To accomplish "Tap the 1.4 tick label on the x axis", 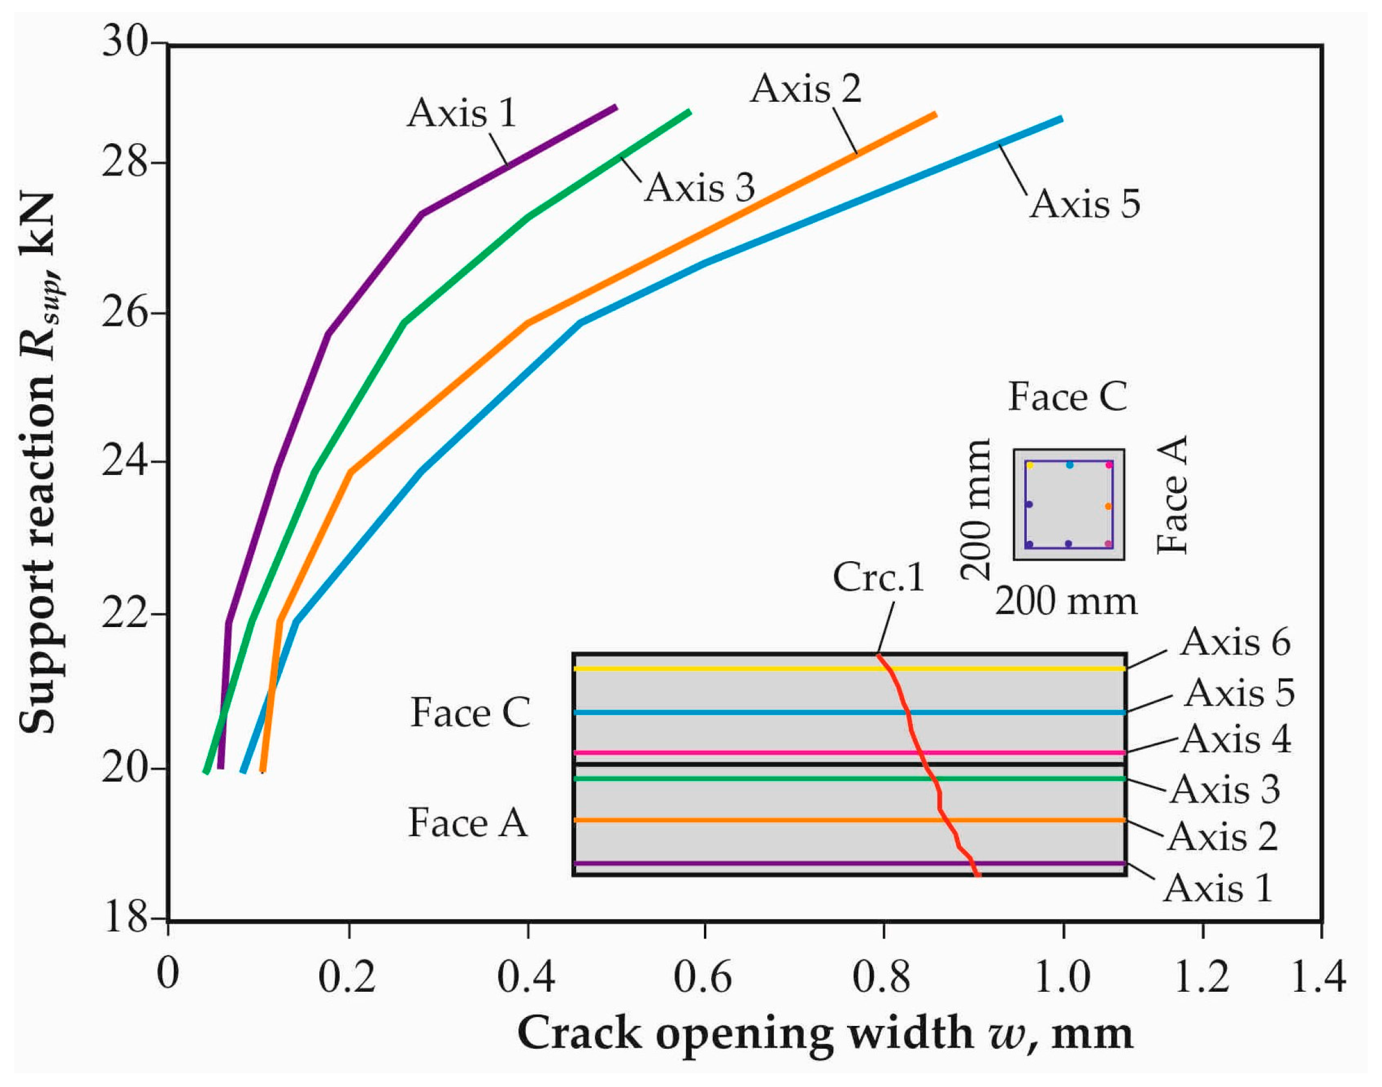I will [1319, 977].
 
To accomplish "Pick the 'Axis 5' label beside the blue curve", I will [1085, 204].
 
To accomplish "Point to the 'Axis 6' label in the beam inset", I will [1235, 642].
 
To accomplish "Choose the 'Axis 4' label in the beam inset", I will [1236, 740].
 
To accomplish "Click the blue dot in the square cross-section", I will [1069, 465].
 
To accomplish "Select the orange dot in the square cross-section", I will [1108, 507].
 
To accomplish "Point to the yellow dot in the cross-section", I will [1030, 466].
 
